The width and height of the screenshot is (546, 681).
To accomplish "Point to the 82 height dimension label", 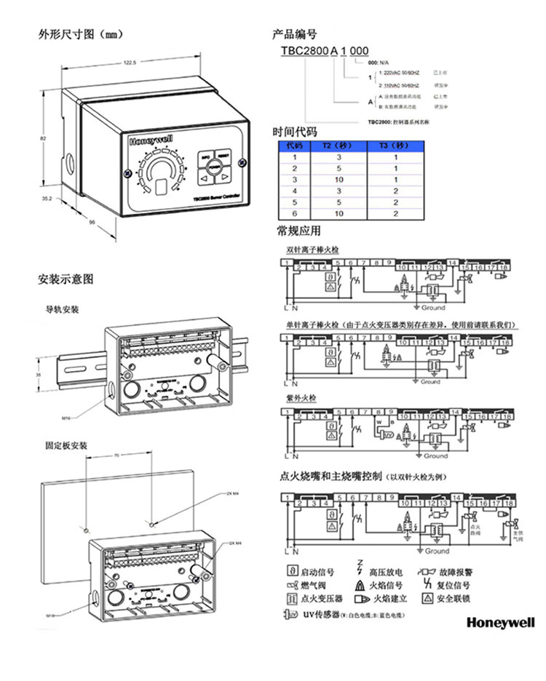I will [44, 137].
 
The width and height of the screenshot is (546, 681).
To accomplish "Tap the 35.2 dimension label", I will [46, 197].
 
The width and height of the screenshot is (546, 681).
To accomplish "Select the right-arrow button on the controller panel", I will [225, 176].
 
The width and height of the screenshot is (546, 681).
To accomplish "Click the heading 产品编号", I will [294, 34].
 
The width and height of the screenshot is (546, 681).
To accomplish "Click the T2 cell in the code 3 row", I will [339, 179].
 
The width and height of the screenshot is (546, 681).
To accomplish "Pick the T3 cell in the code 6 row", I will [395, 213].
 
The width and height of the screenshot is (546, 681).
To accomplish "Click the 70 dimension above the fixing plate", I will [116, 455].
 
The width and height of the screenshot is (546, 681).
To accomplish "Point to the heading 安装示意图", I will [66, 279].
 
